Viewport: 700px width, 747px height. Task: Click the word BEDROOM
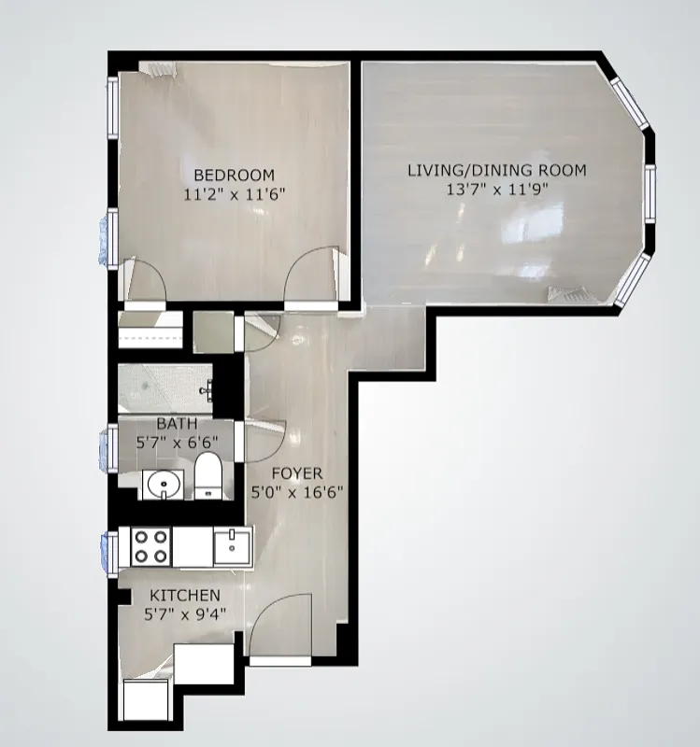tap(234, 175)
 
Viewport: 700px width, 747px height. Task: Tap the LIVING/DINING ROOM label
tap(496, 170)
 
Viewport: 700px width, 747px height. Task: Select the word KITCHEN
tap(185, 596)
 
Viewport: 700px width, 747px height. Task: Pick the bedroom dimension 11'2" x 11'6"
tap(234, 195)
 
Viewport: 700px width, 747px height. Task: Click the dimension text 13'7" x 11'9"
tap(496, 190)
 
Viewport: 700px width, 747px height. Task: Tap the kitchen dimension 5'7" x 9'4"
tap(185, 614)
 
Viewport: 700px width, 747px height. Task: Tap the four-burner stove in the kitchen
tap(151, 546)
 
